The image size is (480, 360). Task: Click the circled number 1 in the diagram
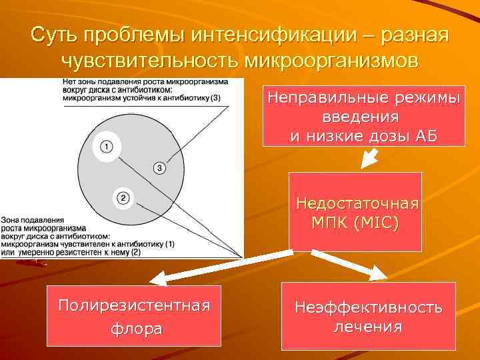[106, 146]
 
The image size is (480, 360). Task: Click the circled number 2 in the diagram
[123, 197]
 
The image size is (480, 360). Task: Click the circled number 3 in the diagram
[159, 167]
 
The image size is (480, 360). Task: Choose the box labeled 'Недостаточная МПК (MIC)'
[355, 211]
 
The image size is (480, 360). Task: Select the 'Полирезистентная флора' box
[134, 316]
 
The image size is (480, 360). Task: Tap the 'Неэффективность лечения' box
[368, 316]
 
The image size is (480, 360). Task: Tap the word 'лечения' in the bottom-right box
[368, 326]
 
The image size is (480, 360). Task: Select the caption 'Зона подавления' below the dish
[33, 219]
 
